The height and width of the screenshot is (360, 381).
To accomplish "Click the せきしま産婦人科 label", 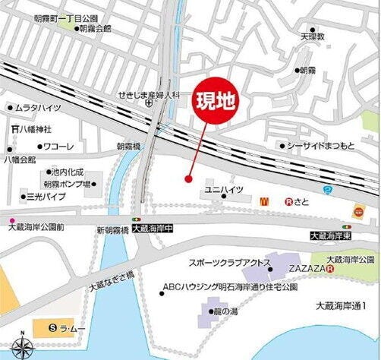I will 147,95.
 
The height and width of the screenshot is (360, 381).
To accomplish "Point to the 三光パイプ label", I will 48,195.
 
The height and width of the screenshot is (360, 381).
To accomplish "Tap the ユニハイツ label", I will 223,188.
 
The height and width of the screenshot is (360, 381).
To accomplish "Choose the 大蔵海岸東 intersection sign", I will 332,237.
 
